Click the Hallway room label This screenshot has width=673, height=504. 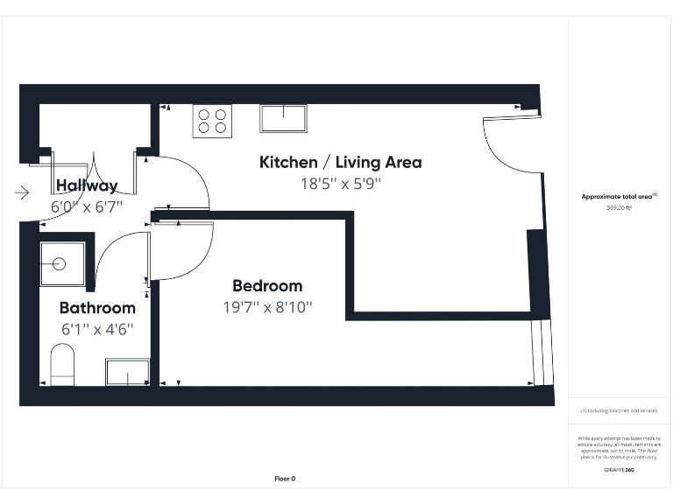click(87, 185)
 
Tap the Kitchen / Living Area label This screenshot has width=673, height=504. click(340, 162)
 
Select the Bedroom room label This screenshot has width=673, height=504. click(267, 286)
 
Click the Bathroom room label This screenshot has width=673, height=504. click(97, 308)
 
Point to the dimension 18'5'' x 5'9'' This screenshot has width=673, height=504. click(340, 185)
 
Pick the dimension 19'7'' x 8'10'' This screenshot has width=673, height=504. click(267, 307)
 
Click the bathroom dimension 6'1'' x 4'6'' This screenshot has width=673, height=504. click(97, 329)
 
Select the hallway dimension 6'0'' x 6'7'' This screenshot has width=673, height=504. click(87, 207)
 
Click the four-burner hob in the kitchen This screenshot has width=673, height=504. click(212, 120)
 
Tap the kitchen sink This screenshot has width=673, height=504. click(283, 118)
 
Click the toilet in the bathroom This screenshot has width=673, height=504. click(62, 364)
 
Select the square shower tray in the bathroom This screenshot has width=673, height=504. click(62, 263)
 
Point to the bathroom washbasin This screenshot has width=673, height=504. click(127, 372)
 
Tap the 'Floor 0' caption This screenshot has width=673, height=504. click(286, 479)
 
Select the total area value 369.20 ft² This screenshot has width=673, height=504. click(619, 208)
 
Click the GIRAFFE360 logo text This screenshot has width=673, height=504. click(619, 471)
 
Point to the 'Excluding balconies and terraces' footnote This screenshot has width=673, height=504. click(619, 410)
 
